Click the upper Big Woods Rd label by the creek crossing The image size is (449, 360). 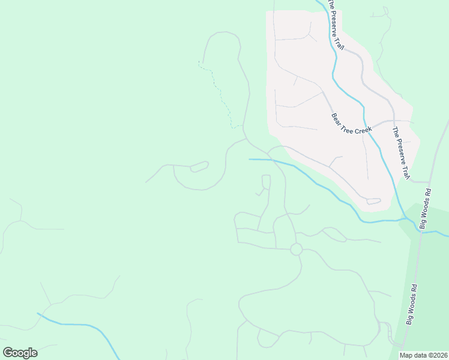point(426,209)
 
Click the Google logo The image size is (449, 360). point(20,353)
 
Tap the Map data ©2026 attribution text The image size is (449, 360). point(423,355)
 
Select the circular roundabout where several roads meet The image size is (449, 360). point(296,249)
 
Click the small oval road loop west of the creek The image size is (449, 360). point(199,166)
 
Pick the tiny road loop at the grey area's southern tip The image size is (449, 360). point(374,201)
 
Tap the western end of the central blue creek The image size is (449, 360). point(250,159)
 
